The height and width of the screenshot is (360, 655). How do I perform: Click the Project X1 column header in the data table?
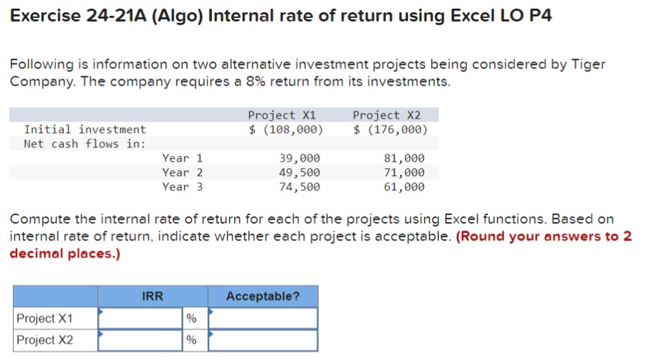pyautogui.click(x=281, y=115)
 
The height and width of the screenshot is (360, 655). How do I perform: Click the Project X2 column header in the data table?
pyautogui.click(x=386, y=115)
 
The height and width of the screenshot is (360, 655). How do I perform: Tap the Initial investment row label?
pyautogui.click(x=85, y=129)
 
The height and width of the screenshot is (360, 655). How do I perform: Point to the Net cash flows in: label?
pyautogui.click(x=85, y=144)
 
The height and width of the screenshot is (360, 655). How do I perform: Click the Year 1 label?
pyautogui.click(x=182, y=158)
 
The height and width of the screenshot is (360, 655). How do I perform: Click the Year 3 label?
pyautogui.click(x=182, y=187)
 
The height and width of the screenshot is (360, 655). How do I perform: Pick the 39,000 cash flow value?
pyautogui.click(x=299, y=158)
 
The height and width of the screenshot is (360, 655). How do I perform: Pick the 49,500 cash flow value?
pyautogui.click(x=299, y=172)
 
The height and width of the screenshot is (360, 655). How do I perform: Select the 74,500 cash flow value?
pyautogui.click(x=299, y=187)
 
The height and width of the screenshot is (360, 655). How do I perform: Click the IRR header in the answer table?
pyautogui.click(x=152, y=296)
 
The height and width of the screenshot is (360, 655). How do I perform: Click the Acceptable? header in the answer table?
pyautogui.click(x=263, y=296)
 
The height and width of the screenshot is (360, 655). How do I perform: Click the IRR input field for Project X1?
pyautogui.click(x=141, y=318)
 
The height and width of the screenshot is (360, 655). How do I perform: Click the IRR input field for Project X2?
pyautogui.click(x=141, y=340)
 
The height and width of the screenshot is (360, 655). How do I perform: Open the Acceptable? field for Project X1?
pyautogui.click(x=263, y=318)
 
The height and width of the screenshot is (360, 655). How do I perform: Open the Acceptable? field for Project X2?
pyautogui.click(x=263, y=340)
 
